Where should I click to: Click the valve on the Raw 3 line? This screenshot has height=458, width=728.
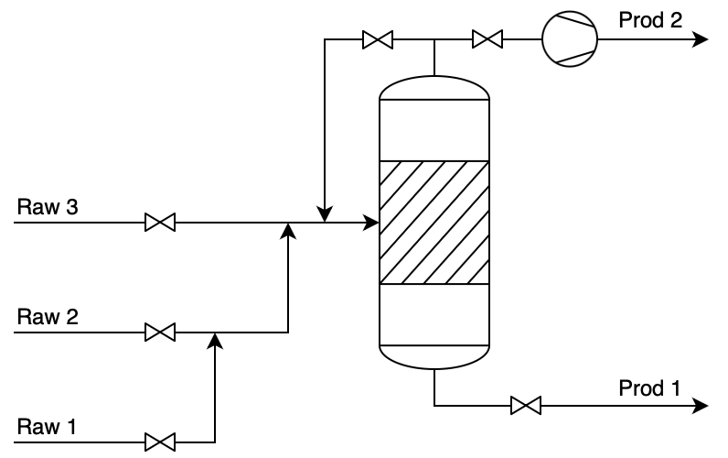(x=160, y=223)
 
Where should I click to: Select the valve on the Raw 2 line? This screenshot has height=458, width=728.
(x=160, y=332)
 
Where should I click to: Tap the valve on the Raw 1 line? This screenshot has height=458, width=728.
(x=160, y=442)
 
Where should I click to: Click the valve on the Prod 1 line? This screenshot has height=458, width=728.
(x=525, y=405)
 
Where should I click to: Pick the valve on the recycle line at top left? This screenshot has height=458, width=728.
(x=377, y=39)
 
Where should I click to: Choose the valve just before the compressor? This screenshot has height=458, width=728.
(x=487, y=39)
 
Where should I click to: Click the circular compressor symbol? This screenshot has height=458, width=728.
(x=569, y=39)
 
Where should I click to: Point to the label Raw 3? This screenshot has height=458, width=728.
(x=47, y=207)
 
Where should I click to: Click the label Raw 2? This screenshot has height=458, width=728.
(x=47, y=317)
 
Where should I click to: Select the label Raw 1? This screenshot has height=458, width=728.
(x=47, y=427)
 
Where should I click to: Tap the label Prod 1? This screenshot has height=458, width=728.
(x=649, y=388)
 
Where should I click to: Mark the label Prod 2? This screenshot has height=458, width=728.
(x=650, y=20)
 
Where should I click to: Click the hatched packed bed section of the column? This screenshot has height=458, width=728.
(x=434, y=223)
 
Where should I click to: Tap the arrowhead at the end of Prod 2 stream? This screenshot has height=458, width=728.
(x=701, y=39)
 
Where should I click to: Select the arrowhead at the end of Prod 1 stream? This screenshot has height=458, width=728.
(x=701, y=405)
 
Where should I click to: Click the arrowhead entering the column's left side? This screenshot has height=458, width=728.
(x=370, y=223)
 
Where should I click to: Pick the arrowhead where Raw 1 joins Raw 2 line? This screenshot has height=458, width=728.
(x=215, y=340)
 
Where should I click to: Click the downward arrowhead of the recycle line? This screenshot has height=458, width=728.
(x=325, y=214)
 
